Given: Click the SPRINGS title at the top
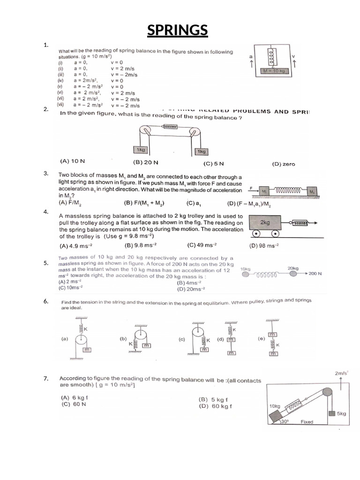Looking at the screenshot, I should tap(177, 30).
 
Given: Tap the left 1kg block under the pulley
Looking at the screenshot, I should tap(140, 150).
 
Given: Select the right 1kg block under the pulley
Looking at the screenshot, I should tap(202, 151).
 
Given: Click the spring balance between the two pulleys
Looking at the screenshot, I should tap(169, 127).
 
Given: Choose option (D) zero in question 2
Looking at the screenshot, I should tap(283, 164).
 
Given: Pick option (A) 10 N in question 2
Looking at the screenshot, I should tap(73, 161).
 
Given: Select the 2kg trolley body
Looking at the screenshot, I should tap(265, 223).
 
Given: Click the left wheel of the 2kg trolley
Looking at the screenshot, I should tap(256, 234).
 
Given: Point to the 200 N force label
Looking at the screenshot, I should tap(315, 273).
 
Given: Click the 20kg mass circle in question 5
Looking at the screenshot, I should tap(293, 274).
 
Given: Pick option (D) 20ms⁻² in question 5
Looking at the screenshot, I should tap(188, 289).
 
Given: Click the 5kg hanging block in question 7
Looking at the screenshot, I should tap(333, 413).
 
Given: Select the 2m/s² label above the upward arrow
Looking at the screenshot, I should tap(341, 373).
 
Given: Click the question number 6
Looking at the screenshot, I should tap(45, 301).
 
